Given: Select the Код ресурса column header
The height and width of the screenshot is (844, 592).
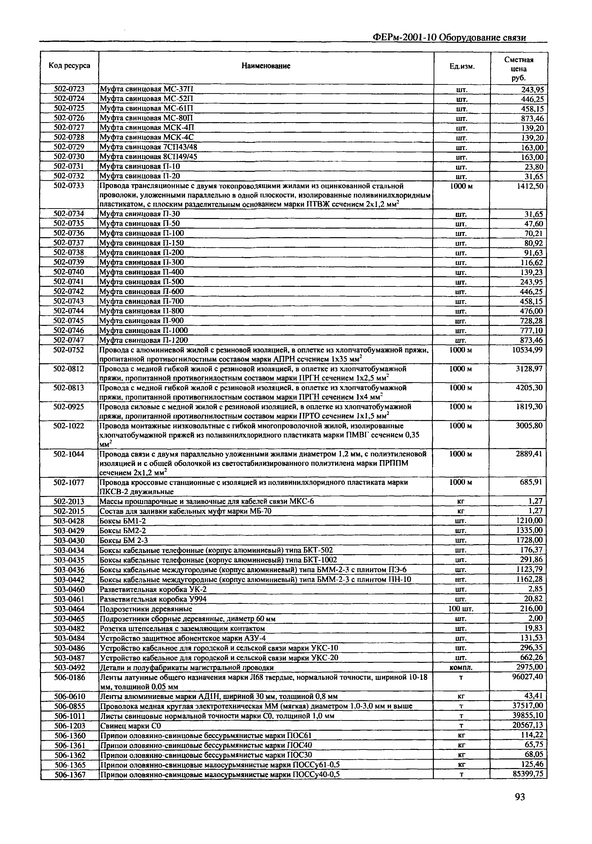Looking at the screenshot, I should pos(70,66).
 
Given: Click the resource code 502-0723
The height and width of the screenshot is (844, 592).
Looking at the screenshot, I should pos(70,88).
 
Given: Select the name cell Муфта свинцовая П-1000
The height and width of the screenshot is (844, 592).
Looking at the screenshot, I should pos(144,330).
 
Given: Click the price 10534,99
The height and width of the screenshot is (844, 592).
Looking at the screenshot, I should pos(527,349).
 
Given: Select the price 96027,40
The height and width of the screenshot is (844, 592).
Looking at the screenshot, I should pos(527,676).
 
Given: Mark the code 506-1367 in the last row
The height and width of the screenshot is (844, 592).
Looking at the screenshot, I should pos(70,774).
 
